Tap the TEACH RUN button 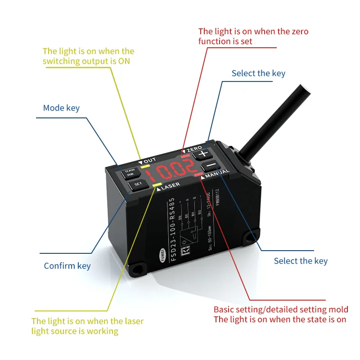130,172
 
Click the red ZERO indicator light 186,156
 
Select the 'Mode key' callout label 61,108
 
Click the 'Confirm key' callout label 67,266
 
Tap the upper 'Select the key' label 258,73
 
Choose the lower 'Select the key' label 301,261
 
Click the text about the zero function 253,36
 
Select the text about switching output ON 88,56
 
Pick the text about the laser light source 87,326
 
